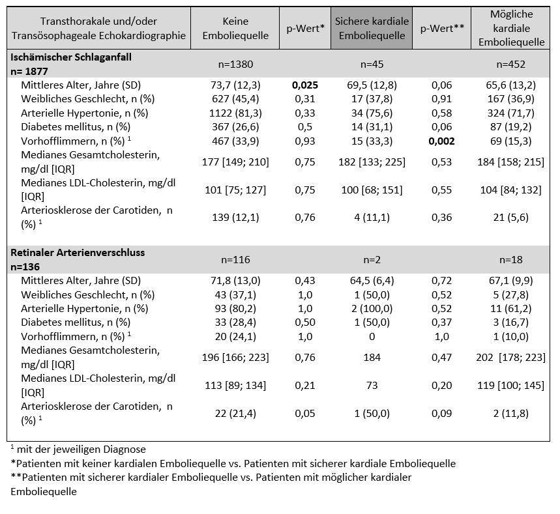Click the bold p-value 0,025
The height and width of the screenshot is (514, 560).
coord(305,85)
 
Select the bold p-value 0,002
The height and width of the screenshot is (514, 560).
coord(442,141)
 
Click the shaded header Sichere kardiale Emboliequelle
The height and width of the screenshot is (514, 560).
coord(372,28)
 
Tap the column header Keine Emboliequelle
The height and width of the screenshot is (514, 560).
coord(235,28)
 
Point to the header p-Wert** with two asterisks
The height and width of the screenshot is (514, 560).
coord(442,28)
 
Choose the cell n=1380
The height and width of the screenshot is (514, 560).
coord(235,64)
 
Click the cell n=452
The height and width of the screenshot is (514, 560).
coord(510,64)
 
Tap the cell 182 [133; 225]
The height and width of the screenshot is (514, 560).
coord(372,162)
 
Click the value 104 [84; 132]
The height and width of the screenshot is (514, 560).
coord(510,190)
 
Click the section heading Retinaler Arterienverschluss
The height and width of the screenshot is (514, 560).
coord(78,253)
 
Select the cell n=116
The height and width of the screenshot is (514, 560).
coord(235,260)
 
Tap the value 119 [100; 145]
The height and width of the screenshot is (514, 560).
coord(510,386)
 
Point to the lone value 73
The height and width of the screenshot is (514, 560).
coord(372,386)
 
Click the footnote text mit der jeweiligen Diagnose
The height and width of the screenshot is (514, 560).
coord(81,450)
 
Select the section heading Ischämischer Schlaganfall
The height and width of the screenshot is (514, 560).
coord(70,57)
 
